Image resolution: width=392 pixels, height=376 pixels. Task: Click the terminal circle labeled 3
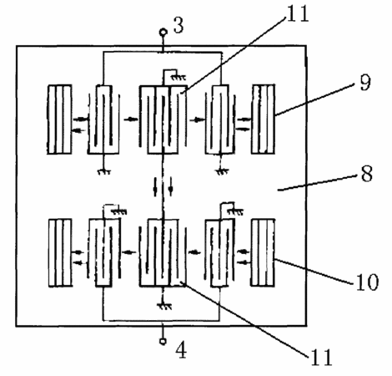click(x=163, y=33)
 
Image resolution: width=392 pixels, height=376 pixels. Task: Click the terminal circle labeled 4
click(x=163, y=341)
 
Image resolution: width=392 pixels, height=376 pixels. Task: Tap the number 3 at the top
click(x=178, y=25)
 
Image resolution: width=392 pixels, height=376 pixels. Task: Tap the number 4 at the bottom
click(x=181, y=350)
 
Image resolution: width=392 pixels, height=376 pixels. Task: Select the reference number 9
click(x=365, y=83)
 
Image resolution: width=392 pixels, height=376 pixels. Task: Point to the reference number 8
click(x=367, y=174)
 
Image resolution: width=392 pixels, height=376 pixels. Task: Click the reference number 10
click(x=368, y=282)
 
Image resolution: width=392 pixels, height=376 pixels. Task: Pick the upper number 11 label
click(x=298, y=13)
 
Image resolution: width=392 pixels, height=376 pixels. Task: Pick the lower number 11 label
click(x=321, y=357)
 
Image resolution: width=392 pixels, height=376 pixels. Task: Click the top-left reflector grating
click(x=59, y=119)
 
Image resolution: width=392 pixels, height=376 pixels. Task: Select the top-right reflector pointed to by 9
click(x=263, y=119)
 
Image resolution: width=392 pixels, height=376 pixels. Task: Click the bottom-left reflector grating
click(x=60, y=252)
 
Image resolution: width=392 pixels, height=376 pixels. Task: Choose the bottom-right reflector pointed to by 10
click(x=263, y=252)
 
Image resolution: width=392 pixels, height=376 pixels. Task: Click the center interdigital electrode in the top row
click(x=163, y=119)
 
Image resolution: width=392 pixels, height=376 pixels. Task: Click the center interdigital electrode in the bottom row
click(x=163, y=253)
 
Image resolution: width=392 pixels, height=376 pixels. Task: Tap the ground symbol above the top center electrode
click(x=178, y=77)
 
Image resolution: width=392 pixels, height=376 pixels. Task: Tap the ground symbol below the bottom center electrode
click(x=164, y=307)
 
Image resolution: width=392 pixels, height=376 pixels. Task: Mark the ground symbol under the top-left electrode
click(x=104, y=171)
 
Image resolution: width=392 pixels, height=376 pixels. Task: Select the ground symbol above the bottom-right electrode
click(x=236, y=212)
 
